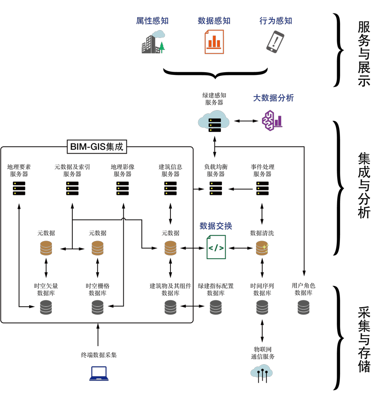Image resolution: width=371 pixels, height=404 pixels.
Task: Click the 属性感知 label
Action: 152,21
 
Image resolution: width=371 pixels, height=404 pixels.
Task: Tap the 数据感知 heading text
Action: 214,21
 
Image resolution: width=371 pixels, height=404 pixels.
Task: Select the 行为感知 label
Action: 276,21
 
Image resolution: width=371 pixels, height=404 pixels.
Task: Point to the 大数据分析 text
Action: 273,98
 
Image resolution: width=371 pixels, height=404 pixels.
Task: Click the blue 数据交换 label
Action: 216,226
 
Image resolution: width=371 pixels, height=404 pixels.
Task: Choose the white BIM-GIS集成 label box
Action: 97,147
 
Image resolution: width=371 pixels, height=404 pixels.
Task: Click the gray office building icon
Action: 150,45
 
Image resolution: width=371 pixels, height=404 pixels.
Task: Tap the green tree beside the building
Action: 162,47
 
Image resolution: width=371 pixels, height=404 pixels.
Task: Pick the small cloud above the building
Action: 159,34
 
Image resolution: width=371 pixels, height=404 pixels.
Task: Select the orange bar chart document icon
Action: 214,42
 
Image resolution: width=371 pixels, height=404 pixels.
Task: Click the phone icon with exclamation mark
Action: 275,42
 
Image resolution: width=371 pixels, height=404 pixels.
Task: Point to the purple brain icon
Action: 268,121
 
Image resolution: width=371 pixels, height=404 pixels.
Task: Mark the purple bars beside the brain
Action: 278,122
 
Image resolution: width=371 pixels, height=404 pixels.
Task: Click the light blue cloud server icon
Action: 214,121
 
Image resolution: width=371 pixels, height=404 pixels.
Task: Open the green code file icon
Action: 216,247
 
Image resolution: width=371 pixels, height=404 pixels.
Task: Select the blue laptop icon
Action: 99,373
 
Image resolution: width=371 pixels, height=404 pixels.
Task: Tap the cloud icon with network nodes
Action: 262,371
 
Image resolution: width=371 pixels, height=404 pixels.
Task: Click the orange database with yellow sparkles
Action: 262,248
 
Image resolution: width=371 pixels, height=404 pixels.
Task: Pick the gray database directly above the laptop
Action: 97,307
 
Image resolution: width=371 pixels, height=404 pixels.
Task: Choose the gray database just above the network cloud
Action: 262,307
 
